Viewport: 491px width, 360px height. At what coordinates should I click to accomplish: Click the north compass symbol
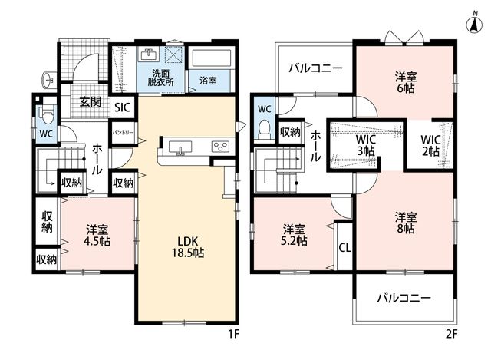point(475,24)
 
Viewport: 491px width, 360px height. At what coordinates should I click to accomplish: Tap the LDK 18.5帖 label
point(187,246)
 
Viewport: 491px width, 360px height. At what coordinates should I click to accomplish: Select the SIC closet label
point(122,107)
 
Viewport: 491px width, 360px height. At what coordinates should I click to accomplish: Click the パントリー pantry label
point(123,133)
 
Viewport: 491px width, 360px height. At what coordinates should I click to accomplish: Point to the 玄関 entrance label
point(90,102)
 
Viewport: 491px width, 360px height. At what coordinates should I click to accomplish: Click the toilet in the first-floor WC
point(47,114)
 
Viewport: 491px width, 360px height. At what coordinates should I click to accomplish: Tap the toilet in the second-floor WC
point(265,130)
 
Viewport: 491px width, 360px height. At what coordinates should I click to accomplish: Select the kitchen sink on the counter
point(180,147)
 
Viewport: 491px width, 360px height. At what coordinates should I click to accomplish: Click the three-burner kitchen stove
point(221,147)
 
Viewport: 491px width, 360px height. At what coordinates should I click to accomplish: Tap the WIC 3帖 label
point(366,145)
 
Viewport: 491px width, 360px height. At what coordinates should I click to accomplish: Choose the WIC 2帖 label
point(430,145)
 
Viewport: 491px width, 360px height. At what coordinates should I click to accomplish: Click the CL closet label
point(344,248)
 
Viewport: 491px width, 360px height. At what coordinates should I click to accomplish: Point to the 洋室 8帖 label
point(406,223)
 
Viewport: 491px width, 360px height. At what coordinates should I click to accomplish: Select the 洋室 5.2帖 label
point(294,235)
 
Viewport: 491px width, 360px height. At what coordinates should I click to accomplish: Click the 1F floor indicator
point(233,335)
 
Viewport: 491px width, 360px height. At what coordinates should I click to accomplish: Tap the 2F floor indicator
point(451,335)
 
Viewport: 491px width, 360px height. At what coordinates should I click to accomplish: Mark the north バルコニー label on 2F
point(315,68)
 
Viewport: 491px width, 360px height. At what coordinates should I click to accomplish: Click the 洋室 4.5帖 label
point(98,236)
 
